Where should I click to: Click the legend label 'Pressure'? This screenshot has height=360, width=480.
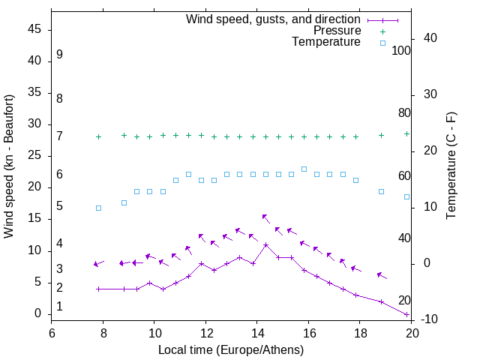pos(337,31)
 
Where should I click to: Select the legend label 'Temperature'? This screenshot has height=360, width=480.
pos(326,42)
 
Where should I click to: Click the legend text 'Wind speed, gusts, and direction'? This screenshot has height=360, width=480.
pos(274,19)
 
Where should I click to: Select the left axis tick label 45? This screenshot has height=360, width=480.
pos(34,30)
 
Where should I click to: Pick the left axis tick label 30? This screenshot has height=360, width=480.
pos(34,124)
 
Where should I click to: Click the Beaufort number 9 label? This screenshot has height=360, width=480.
pos(59,55)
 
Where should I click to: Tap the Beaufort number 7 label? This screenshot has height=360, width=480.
pos(59,136)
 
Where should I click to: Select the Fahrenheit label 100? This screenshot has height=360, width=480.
pos(402,50)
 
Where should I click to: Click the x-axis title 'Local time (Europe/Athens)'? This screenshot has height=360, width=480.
pos(232,349)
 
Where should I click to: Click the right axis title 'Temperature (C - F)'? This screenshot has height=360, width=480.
pos(451,166)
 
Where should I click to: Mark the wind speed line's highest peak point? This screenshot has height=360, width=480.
pos(265,245)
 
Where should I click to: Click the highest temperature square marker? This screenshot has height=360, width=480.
pos(304,169)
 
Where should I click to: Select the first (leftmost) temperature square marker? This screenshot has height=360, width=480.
pos(98,208)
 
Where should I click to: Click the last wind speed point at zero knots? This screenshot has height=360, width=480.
pos(406,314)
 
